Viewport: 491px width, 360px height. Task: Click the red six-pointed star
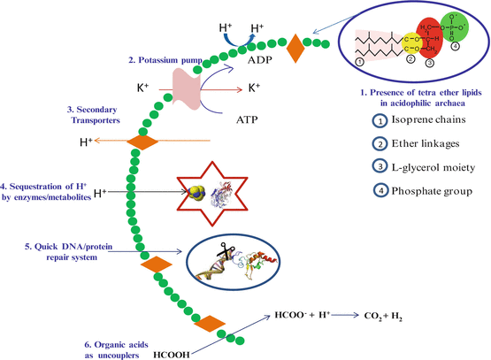click(210, 192)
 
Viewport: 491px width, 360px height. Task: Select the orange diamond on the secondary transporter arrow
click(142, 142)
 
